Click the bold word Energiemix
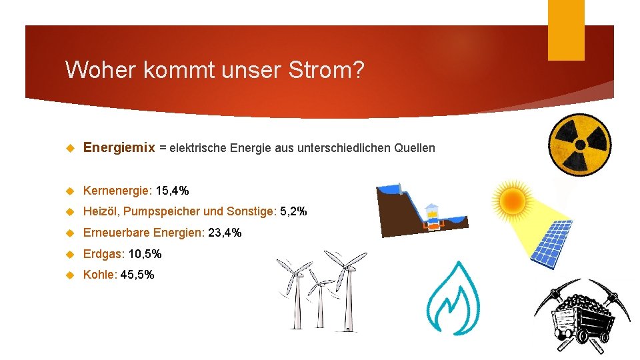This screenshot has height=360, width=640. pos(119,147)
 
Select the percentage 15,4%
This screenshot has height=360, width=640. pos(172,191)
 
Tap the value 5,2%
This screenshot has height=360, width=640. pos(293,211)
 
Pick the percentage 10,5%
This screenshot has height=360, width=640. pos(145,254)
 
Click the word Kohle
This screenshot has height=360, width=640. pos(99,275)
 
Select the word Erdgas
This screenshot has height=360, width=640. pos(103,254)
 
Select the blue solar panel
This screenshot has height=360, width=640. pos(550,243)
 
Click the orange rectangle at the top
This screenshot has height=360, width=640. pos(565,30)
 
